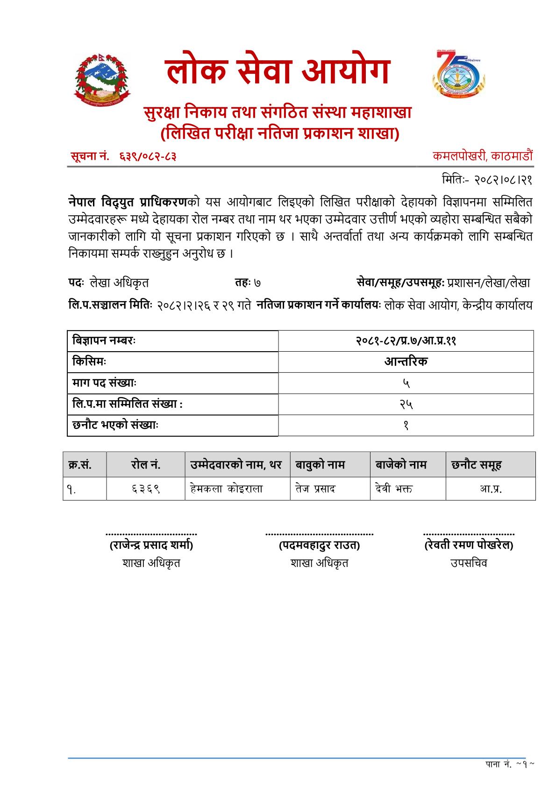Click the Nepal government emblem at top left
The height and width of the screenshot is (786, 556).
102,78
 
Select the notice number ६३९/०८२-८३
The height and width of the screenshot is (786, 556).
145,157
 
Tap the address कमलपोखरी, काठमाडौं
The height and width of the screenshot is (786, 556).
482,156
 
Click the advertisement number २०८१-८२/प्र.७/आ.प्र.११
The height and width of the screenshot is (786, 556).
406,340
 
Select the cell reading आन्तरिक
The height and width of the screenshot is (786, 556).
406,361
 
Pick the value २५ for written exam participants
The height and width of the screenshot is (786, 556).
406,404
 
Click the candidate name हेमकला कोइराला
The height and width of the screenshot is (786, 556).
226,489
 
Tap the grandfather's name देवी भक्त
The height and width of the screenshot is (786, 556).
393,489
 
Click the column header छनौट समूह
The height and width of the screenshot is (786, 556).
476,465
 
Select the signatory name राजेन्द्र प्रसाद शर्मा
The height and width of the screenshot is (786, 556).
151,545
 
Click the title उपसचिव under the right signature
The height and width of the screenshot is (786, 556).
469,563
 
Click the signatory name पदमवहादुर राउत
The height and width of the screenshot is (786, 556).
319,545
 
